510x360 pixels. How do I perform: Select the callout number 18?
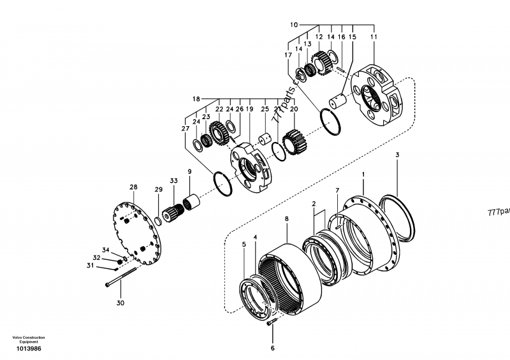[x=196, y=99]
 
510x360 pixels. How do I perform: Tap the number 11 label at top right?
[x=374, y=38]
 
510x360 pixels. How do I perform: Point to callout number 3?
[x=397, y=155]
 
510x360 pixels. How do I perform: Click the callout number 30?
[x=120, y=303]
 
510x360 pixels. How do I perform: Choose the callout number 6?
[x=272, y=348]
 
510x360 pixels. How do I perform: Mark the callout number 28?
[x=133, y=187]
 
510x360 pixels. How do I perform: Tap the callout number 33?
[x=173, y=182]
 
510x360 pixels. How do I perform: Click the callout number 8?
[x=286, y=219]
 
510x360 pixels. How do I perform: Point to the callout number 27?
[x=185, y=128]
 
